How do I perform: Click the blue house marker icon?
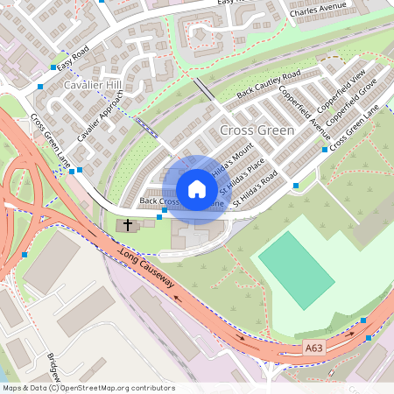pos(197,189)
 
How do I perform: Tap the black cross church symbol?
pos(127,225)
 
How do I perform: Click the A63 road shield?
pos(315,348)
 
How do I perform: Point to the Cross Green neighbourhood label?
pos(257,130)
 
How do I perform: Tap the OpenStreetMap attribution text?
pos(88,388)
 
